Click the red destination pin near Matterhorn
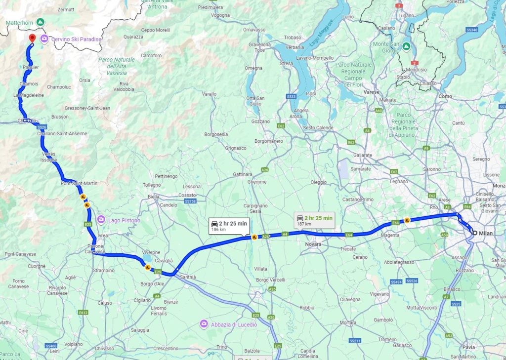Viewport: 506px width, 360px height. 32,38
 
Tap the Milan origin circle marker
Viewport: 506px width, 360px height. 474,233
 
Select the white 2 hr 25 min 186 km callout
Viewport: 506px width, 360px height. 229,226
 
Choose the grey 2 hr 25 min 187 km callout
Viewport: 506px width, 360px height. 314,220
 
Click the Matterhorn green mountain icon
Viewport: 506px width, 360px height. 41,22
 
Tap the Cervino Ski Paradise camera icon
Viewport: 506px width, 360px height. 44,39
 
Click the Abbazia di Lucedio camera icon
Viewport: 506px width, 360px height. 203,323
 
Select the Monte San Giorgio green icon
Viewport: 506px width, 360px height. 406,46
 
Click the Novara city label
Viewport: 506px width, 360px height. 313,244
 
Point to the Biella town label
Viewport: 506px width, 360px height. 154,197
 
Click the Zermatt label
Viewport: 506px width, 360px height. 66,9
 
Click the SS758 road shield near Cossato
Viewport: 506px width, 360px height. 190,201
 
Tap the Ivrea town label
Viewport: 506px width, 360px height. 102,236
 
